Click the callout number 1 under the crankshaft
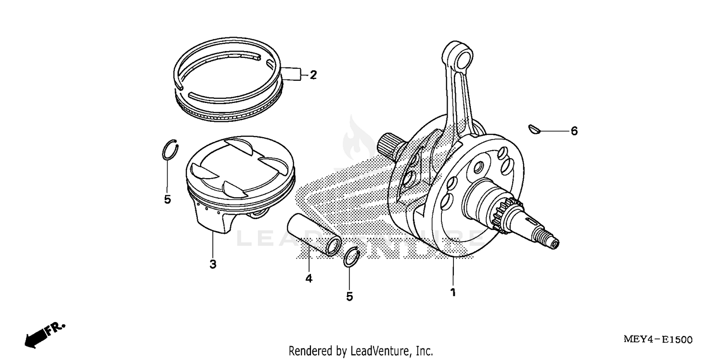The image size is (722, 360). (452, 292)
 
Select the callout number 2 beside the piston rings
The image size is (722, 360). (313, 75)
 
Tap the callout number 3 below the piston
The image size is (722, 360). (213, 264)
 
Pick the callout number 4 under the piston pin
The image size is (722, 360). (309, 278)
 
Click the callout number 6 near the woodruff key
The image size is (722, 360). (574, 131)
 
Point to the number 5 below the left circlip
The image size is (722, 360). (168, 199)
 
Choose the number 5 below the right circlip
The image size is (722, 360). (349, 296)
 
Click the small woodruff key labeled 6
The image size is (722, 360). (532, 128)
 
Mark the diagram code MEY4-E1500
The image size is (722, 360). (658, 339)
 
